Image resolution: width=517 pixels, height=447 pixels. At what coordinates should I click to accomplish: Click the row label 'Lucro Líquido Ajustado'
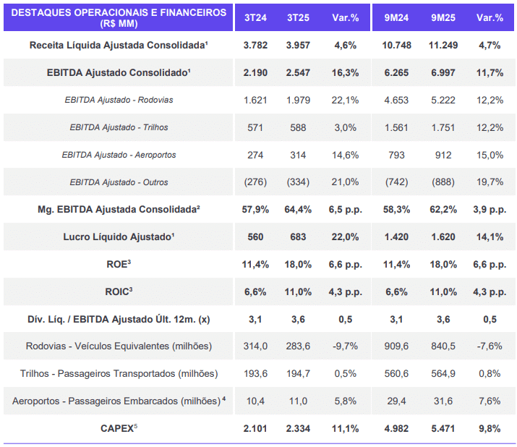(119, 237)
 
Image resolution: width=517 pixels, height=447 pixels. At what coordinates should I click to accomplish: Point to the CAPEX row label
(119, 428)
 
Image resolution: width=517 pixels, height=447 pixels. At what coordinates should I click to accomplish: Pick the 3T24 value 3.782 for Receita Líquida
(255, 45)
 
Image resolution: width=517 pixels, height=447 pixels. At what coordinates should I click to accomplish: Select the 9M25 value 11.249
(441, 45)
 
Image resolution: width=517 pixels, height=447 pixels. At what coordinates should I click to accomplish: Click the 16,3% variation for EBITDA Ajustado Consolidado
(344, 72)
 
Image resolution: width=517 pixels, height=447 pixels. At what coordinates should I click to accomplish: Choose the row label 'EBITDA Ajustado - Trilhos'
(119, 127)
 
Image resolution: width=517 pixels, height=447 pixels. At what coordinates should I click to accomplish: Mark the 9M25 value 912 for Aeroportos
(441, 155)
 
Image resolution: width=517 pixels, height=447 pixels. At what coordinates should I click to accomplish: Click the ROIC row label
(119, 291)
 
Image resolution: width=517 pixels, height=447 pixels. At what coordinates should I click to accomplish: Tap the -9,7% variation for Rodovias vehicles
(344, 346)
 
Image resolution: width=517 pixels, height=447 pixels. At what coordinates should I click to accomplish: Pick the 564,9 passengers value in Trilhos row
(441, 373)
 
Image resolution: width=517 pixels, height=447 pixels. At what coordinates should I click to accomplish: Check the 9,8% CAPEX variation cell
(490, 428)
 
